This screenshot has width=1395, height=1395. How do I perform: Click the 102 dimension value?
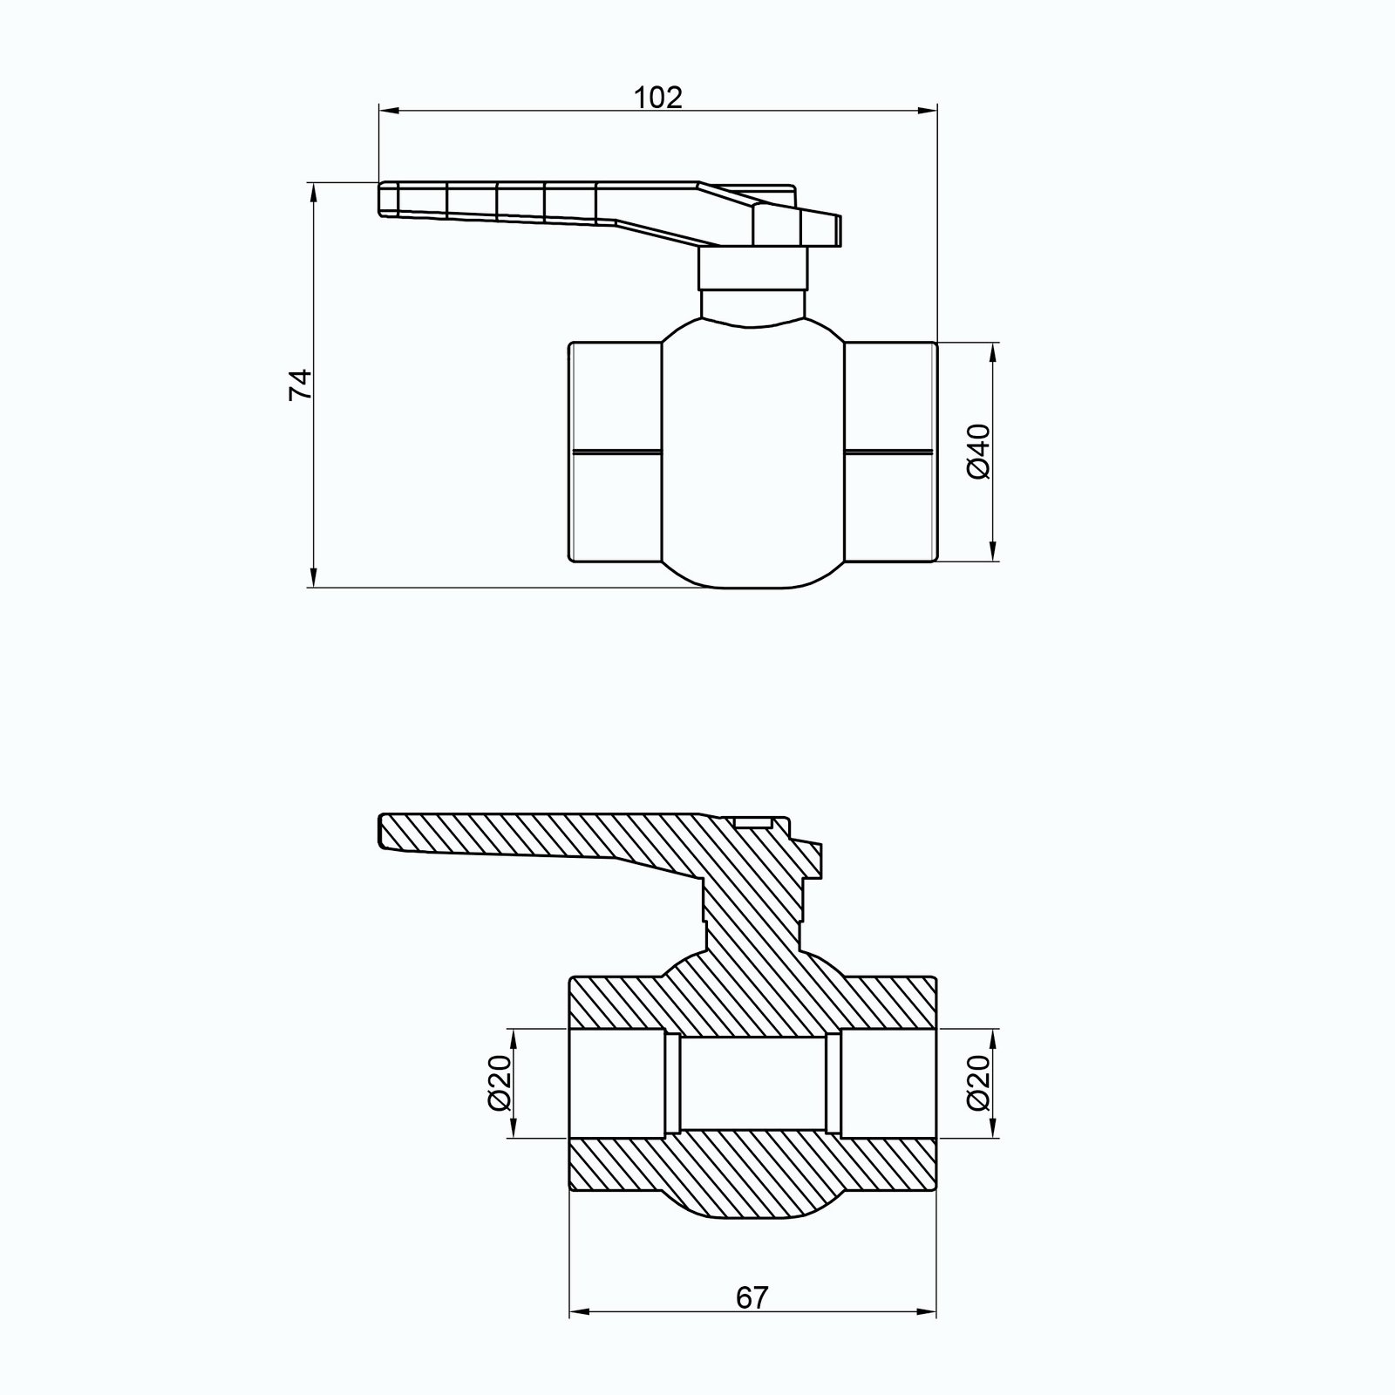(x=658, y=97)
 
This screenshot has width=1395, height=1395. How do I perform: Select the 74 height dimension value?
(x=300, y=384)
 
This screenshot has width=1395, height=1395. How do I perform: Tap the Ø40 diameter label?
(x=979, y=451)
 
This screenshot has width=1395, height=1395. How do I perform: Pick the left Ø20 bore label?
(x=500, y=1084)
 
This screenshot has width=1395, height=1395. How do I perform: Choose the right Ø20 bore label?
(x=979, y=1084)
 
